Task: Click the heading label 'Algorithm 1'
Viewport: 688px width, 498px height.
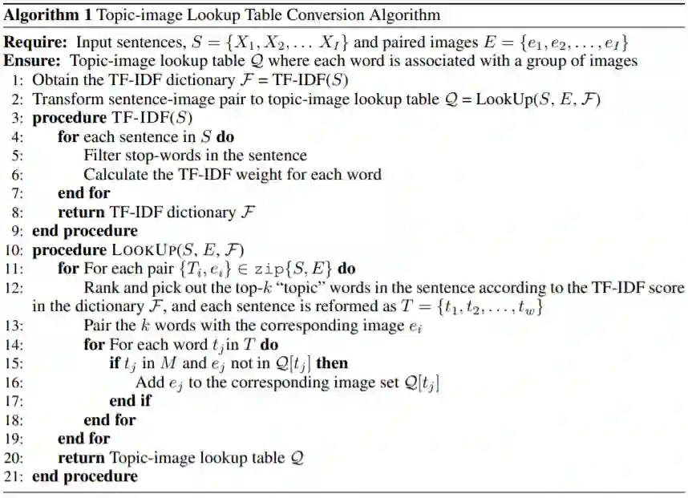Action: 40,15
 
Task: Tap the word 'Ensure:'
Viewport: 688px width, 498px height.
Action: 31,61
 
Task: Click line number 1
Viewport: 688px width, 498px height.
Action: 18,80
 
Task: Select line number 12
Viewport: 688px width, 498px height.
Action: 16,288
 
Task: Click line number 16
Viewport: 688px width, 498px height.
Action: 16,383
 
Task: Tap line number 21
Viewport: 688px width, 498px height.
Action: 16,476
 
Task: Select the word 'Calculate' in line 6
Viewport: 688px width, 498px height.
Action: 114,174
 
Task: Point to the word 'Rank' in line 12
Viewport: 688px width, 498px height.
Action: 100,288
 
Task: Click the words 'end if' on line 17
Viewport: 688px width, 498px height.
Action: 130,401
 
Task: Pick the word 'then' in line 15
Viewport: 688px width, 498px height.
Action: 333,363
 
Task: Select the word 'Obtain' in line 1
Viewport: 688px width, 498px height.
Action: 54,80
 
